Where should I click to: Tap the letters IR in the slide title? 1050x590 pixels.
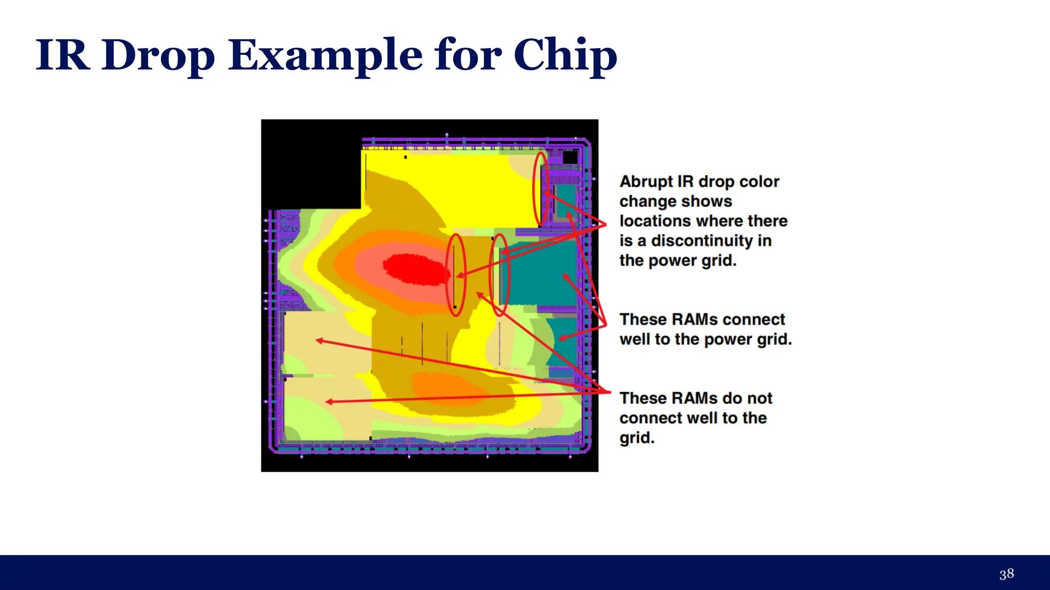63,55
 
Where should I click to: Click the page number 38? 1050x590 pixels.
1006,574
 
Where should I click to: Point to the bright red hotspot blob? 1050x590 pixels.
415,269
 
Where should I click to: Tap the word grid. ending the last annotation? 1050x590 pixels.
637,438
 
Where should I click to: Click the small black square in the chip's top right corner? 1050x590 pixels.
570,157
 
